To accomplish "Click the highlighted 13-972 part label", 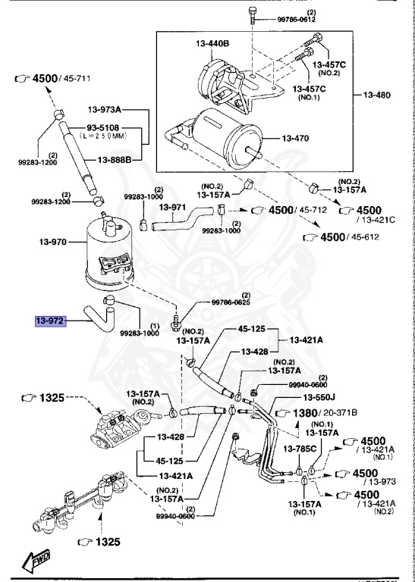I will click(50, 321).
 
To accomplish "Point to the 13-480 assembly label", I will click(387, 95).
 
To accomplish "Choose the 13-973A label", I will click(104, 110).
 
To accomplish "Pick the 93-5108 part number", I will click(104, 127).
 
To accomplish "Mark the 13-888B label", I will click(115, 160).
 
